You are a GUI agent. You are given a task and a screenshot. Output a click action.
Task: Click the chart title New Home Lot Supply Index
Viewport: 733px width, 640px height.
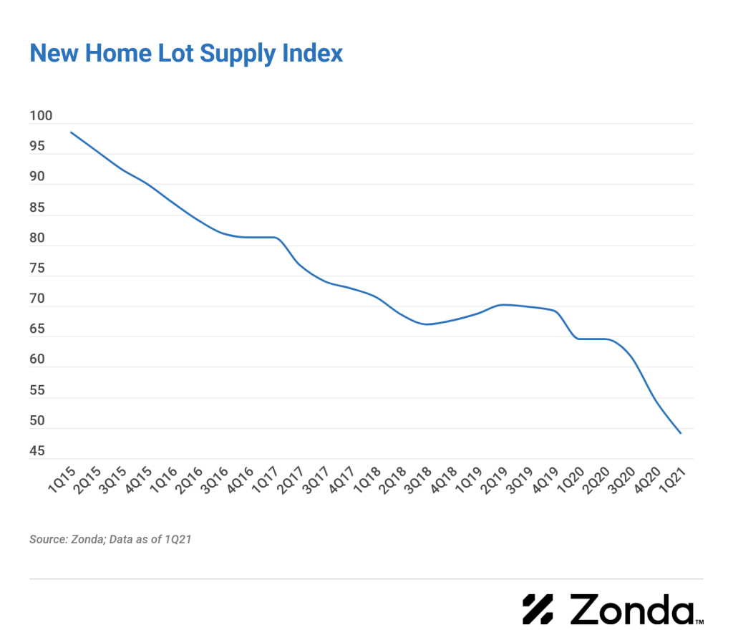[x=186, y=53]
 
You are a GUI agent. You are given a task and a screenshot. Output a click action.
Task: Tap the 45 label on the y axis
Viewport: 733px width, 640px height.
[x=37, y=451]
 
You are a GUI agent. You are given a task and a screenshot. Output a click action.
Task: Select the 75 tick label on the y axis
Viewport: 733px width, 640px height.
[x=37, y=269]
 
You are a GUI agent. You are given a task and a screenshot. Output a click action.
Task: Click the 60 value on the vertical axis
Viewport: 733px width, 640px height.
[x=37, y=360]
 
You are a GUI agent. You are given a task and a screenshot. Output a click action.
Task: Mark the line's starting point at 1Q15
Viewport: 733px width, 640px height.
[x=70, y=132]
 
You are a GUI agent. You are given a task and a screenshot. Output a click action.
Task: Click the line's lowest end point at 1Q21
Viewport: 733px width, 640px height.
[x=680, y=433]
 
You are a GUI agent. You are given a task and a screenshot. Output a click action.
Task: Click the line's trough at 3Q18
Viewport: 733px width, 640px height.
[x=427, y=324]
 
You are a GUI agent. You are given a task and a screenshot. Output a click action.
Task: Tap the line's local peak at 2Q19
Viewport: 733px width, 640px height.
[x=503, y=305]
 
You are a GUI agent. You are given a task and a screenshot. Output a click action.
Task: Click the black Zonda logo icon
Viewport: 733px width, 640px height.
[x=538, y=609]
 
